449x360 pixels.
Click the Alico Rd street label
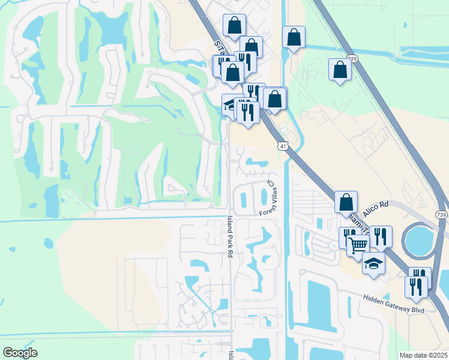click(x=376, y=205)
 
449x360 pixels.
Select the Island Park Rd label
click(x=229, y=237)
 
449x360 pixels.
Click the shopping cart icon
click(x=358, y=244)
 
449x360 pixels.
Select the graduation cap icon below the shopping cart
click(x=373, y=263)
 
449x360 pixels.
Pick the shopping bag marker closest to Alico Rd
click(x=346, y=202)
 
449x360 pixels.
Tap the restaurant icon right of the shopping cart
click(x=380, y=236)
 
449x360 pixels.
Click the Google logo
click(x=20, y=353)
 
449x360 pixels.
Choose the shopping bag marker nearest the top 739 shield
click(x=340, y=69)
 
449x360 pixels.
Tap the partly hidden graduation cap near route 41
click(x=229, y=104)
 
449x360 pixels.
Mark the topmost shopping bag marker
click(x=234, y=25)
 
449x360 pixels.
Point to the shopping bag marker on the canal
click(x=294, y=37)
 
